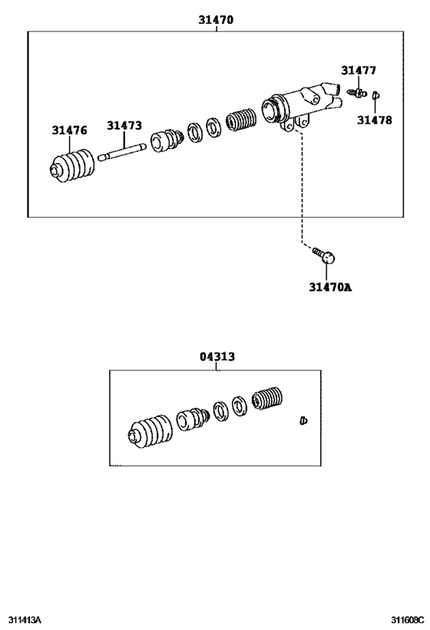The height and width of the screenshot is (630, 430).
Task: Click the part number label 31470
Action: point(216,20)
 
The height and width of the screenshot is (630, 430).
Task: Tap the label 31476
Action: point(70,130)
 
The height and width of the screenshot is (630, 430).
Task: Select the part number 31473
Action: point(124,125)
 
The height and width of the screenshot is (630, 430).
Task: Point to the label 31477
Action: point(359,71)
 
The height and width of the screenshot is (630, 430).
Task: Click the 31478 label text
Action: point(374,120)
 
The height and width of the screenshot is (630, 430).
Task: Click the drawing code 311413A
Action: point(25,620)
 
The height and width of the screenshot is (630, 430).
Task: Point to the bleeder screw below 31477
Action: point(356,93)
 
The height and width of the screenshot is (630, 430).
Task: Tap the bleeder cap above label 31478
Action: point(375,96)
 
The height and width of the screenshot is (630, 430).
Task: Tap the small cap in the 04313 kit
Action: point(302,421)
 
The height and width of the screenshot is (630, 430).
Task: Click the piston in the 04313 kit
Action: point(193,420)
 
